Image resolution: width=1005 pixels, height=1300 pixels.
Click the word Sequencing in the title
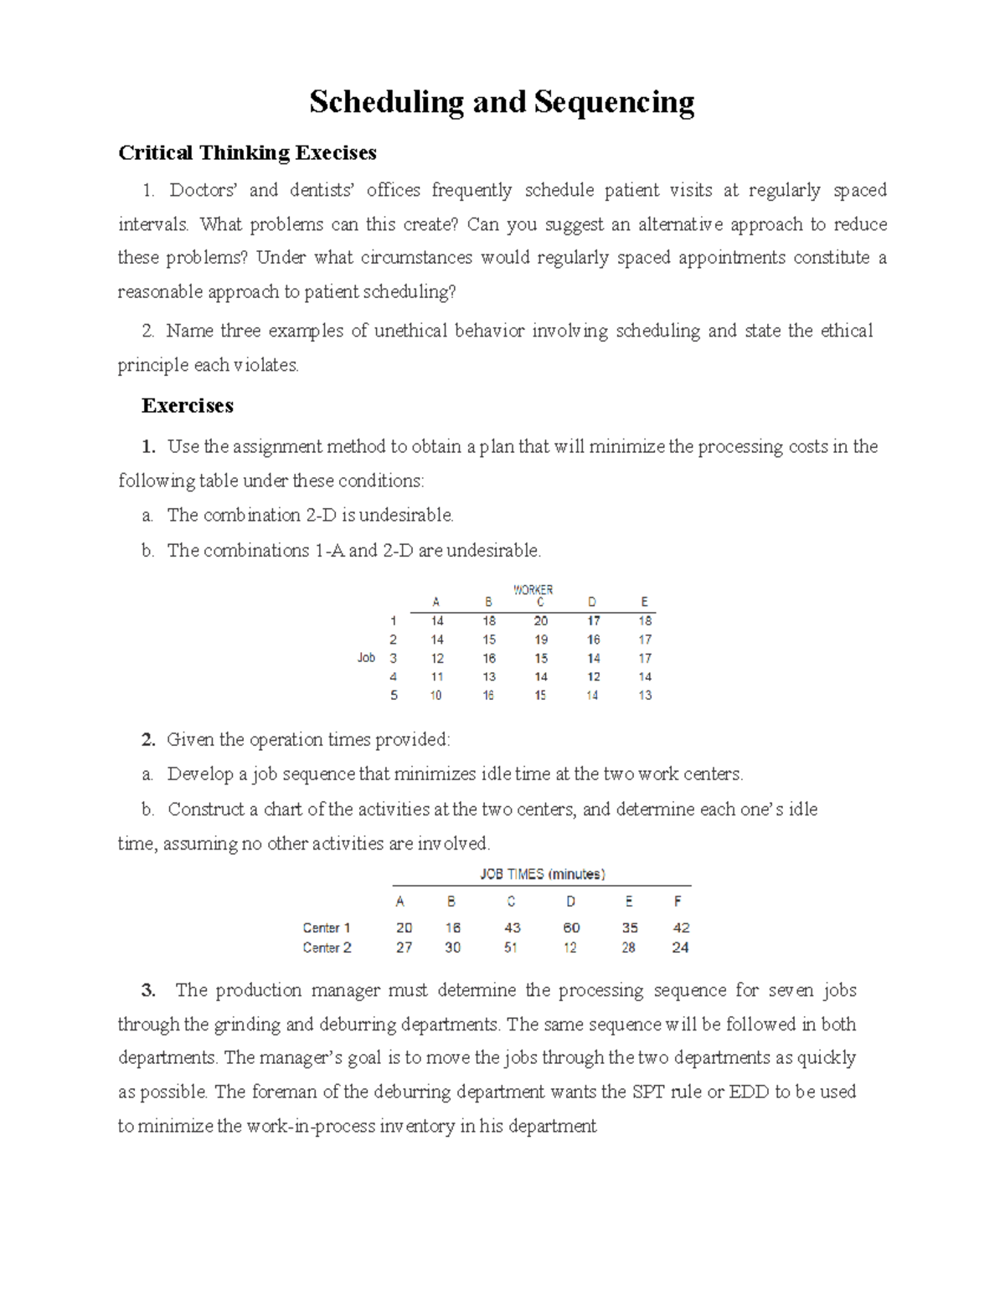[x=614, y=102]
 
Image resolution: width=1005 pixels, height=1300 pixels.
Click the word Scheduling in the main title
[x=386, y=102]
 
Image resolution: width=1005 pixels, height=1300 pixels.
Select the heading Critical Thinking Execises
[x=247, y=152]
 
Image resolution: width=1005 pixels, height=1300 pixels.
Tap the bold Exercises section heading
[x=188, y=406]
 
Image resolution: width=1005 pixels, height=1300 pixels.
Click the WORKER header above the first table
[x=533, y=589]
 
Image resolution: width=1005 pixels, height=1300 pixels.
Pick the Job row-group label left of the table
[x=366, y=658]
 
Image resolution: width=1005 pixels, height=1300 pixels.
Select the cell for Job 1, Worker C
[x=541, y=621]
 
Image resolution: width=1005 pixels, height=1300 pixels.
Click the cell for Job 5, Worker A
[x=437, y=696]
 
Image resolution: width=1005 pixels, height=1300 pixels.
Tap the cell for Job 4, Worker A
[x=437, y=677]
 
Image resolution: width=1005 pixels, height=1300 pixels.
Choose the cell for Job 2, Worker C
[x=541, y=640]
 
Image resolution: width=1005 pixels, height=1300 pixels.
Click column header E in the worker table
[x=644, y=602]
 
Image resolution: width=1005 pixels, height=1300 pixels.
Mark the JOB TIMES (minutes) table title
[x=542, y=874]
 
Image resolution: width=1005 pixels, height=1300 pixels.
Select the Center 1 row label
[x=327, y=927]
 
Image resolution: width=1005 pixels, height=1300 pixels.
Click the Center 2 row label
[x=327, y=948]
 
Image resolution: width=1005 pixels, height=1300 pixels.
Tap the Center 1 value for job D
[x=571, y=927]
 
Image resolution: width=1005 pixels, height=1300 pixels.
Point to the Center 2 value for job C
[x=511, y=948]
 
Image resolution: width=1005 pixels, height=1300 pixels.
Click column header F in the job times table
[x=678, y=902]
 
